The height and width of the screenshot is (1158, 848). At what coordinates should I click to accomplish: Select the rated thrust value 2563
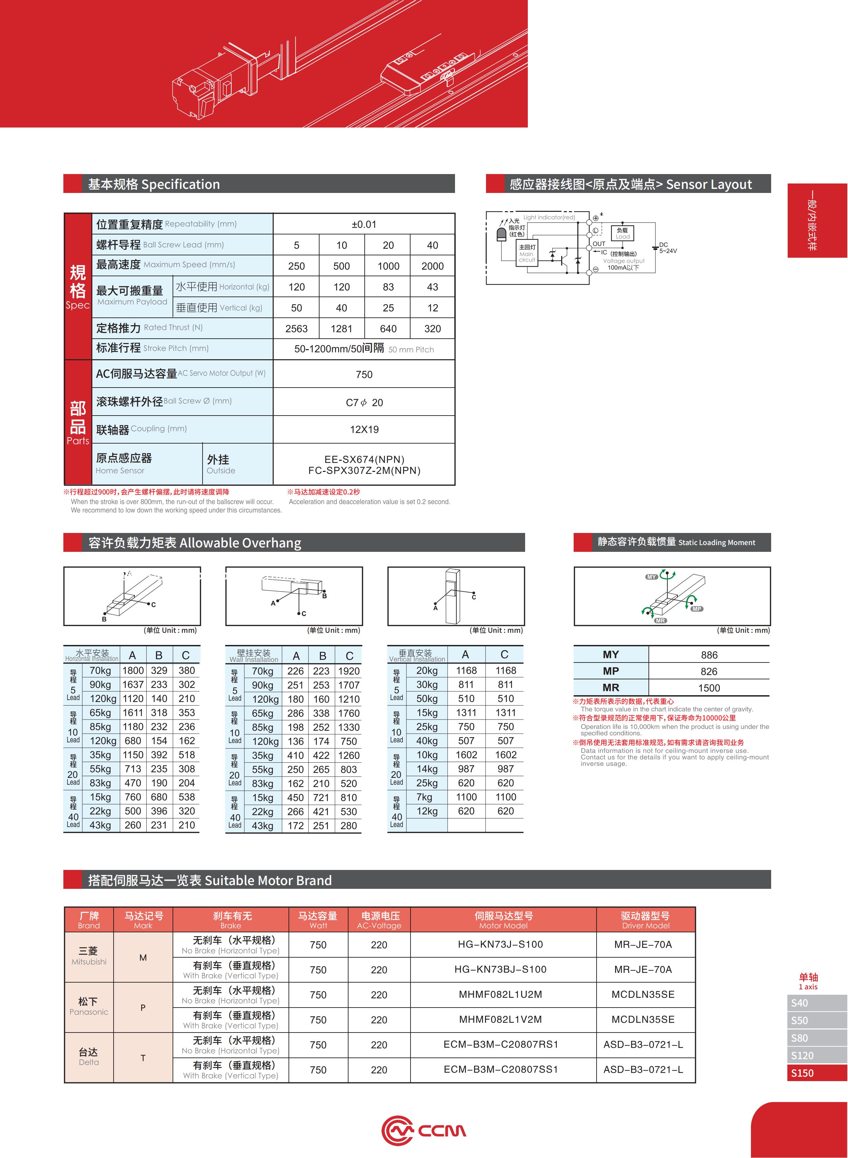coord(296,329)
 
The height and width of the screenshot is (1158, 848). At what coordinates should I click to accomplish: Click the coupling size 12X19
coord(364,429)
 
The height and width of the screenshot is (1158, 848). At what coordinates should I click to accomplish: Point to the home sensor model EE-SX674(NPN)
coord(364,459)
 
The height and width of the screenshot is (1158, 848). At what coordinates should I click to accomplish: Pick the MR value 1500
coord(708,688)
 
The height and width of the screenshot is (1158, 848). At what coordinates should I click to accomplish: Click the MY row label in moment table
coord(610,654)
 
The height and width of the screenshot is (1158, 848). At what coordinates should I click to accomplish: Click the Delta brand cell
coord(89,1057)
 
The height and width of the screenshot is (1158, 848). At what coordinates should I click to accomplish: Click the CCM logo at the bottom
coord(423,1130)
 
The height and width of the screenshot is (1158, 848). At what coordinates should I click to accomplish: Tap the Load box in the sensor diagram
coord(622,233)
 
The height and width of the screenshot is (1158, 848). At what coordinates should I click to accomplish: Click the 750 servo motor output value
coord(364,374)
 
